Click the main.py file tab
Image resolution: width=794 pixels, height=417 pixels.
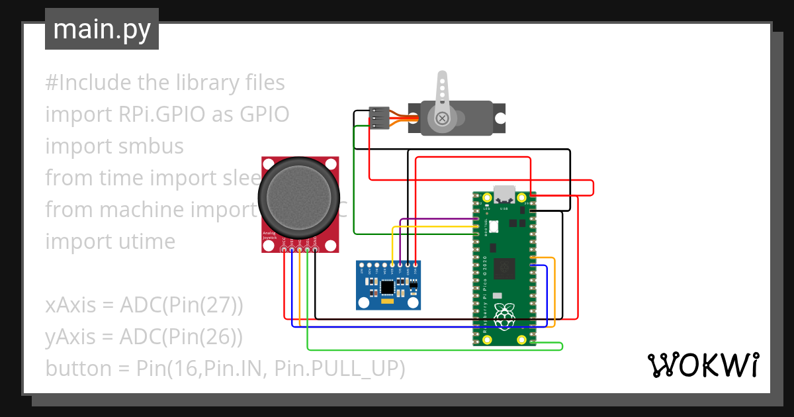click(101, 29)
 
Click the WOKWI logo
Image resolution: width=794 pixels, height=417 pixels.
click(702, 365)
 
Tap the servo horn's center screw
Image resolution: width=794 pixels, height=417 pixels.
click(441, 118)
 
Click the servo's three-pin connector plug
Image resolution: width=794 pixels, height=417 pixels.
click(378, 118)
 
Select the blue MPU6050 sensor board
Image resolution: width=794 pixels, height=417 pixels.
click(388, 285)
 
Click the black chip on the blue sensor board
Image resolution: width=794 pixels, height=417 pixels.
click(387, 287)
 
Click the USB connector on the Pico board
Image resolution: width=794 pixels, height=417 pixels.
click(505, 194)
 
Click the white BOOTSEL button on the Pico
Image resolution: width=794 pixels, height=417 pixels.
click(494, 227)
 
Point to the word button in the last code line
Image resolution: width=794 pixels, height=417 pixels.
click(78, 368)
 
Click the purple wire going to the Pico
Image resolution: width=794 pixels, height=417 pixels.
click(437, 219)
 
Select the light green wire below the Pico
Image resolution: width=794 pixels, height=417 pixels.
click(430, 348)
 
